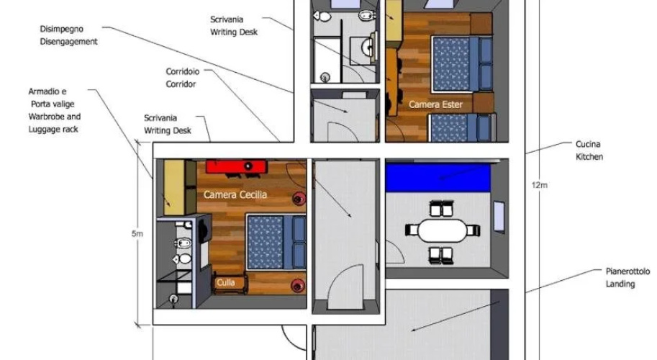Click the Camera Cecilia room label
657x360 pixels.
coord(235,194)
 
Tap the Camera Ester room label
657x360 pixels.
coord(435,104)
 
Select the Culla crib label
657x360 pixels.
coord(226,282)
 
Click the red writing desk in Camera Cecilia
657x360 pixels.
coord(235,166)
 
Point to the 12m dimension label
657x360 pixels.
coord(539,185)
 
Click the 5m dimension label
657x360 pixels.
coord(137,233)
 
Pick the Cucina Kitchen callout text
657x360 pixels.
coord(589,150)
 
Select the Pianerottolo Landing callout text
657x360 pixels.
coord(627,277)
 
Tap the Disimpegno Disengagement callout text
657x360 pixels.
coord(68,35)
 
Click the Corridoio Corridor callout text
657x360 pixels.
coord(182,78)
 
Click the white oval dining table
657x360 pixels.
coord(443,230)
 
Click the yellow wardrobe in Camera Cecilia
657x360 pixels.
coord(174,187)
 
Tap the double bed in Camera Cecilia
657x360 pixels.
coord(276,242)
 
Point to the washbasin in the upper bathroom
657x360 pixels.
coord(368,46)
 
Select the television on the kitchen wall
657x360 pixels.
coord(499,216)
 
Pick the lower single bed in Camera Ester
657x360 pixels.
coord(461,127)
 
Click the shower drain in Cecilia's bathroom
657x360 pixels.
coord(173,300)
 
